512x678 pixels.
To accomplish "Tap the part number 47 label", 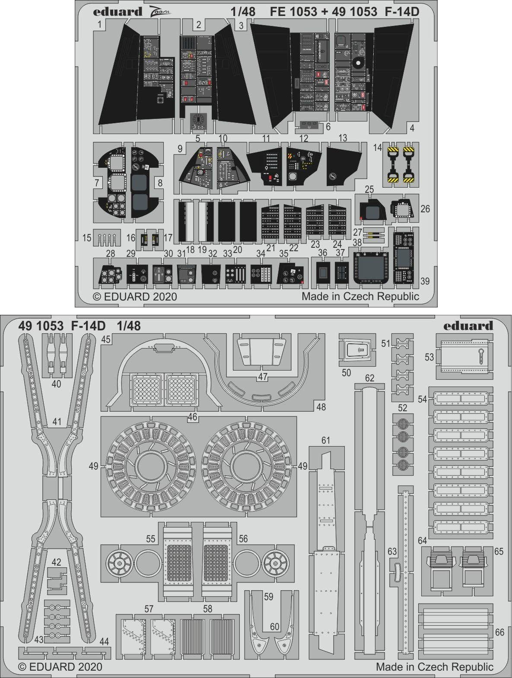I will pyautogui.click(x=263, y=377).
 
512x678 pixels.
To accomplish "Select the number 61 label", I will pyautogui.click(x=326, y=440).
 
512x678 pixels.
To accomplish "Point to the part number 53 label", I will pyautogui.click(x=429, y=357).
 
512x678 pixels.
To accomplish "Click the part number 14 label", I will pyautogui.click(x=378, y=147).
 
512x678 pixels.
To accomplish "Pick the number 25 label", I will pyautogui.click(x=369, y=189).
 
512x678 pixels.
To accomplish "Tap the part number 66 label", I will pyautogui.click(x=499, y=632).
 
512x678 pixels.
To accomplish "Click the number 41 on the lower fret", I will pyautogui.click(x=57, y=421).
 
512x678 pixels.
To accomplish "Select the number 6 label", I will pyautogui.click(x=328, y=127).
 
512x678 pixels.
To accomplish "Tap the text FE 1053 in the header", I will pyautogui.click(x=293, y=12).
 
